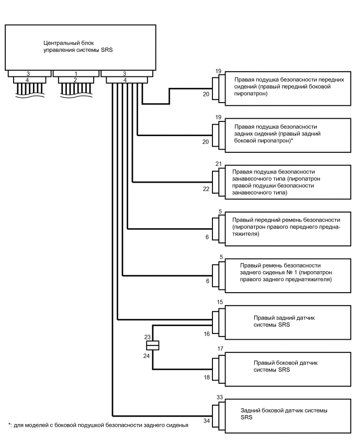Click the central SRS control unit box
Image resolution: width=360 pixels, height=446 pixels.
[x=79, y=47]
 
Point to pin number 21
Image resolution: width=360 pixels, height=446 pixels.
[x=219, y=164]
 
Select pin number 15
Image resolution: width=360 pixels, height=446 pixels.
[x=220, y=303]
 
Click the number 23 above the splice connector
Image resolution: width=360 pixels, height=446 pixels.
[x=148, y=337]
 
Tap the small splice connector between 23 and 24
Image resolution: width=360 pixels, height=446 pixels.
[x=152, y=345]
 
